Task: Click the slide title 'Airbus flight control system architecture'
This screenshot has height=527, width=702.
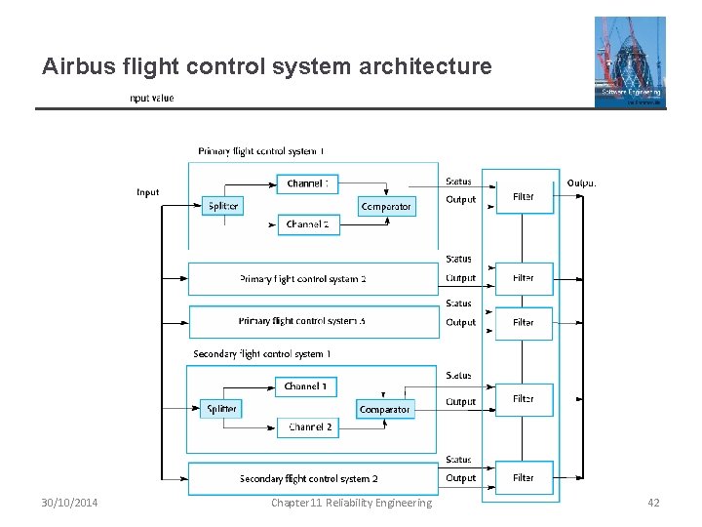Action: (x=266, y=67)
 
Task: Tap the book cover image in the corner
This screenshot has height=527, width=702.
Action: (x=630, y=61)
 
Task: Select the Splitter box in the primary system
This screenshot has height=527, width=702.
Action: (x=223, y=206)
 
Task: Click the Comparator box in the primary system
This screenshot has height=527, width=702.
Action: (x=386, y=206)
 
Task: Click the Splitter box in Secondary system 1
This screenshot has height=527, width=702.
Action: (x=222, y=409)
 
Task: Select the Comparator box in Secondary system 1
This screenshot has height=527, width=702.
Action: (x=384, y=409)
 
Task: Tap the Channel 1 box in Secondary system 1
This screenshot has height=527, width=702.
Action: (x=306, y=386)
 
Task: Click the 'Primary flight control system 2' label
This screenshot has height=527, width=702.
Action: (x=302, y=279)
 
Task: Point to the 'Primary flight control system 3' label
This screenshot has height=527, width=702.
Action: (x=302, y=321)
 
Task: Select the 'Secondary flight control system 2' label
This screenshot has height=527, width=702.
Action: (x=308, y=478)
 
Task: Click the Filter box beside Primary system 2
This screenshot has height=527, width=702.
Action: (x=524, y=278)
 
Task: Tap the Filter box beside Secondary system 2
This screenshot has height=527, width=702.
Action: (x=524, y=478)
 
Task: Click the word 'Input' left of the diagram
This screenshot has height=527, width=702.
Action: (x=147, y=192)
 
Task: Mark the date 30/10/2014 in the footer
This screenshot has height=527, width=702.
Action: (x=69, y=503)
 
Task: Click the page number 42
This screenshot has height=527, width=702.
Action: (x=653, y=503)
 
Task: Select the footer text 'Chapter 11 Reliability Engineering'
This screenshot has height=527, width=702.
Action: (x=351, y=503)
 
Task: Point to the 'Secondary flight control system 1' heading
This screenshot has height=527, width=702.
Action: (x=261, y=353)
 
